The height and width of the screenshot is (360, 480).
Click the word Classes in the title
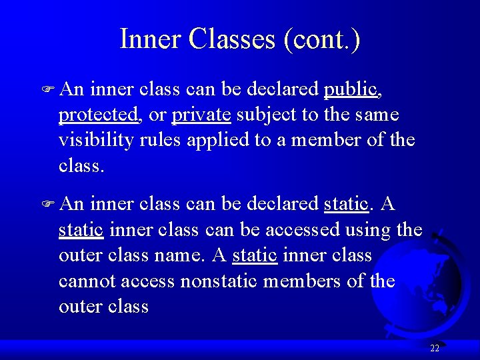tap(232, 39)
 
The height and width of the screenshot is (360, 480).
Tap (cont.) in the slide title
tap(322, 40)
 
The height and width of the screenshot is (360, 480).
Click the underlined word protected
tap(99, 115)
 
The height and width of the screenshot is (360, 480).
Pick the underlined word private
tap(201, 115)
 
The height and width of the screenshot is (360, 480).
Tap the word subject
tap(267, 115)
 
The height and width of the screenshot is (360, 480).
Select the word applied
tap(226, 141)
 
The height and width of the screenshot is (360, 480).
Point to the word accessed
tap(302, 230)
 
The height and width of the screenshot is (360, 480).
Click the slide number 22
tap(435, 348)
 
